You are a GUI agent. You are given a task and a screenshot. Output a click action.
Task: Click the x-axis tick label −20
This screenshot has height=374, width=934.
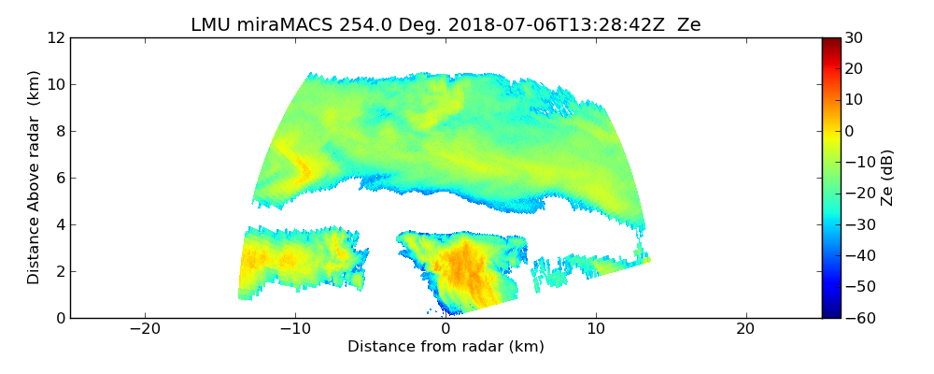click(145, 329)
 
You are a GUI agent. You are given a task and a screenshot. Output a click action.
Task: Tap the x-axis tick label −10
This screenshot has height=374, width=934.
click(295, 329)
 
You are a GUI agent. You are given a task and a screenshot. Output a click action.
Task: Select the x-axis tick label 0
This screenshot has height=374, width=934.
click(446, 329)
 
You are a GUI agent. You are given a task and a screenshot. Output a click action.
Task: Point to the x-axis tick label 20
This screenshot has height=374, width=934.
click(745, 329)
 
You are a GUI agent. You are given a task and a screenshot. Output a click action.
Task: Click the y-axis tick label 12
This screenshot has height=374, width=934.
click(56, 37)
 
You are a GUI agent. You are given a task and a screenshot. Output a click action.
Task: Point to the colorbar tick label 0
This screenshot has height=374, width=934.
click(850, 131)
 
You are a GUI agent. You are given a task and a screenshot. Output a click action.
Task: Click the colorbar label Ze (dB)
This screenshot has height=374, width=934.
click(887, 178)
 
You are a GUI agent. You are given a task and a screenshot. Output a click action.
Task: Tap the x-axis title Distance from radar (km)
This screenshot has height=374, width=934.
click(446, 347)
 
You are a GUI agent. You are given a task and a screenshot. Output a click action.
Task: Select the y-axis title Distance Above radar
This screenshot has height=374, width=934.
click(35, 178)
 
